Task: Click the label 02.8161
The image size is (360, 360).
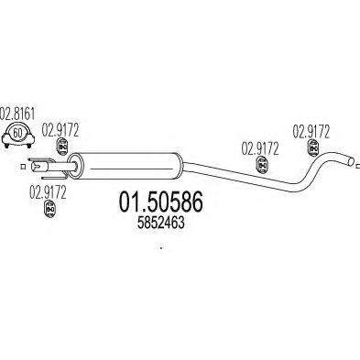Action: click(17, 114)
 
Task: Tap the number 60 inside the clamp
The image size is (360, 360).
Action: click(18, 133)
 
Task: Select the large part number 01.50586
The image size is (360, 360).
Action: click(160, 202)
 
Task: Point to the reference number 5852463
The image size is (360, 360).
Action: click(161, 224)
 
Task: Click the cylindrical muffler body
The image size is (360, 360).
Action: click(128, 166)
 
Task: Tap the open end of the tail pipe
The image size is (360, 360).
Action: click(351, 161)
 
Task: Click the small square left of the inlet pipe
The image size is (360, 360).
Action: click(22, 167)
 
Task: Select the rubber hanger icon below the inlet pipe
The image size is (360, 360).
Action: click(50, 209)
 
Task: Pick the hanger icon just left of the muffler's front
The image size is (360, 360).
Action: click(62, 147)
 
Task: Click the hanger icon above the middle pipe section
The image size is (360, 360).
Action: click(261, 165)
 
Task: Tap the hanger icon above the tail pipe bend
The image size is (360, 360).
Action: click(312, 148)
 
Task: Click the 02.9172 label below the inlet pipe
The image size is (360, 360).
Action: click(48, 192)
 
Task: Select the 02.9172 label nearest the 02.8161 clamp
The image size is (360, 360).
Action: click(60, 130)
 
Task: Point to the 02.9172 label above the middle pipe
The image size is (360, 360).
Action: click(260, 148)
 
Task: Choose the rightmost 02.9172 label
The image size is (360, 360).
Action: click(311, 132)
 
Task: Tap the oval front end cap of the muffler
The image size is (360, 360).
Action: click(74, 166)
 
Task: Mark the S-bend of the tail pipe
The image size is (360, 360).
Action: click(314, 171)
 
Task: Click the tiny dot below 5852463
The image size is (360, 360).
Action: click(160, 247)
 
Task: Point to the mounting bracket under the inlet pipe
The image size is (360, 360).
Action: click(55, 177)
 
